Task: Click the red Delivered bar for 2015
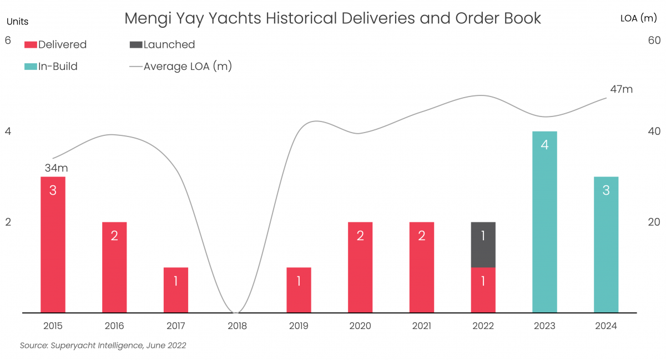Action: point(53,244)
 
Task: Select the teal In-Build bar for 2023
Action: point(544,222)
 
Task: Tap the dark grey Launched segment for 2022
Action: point(483,245)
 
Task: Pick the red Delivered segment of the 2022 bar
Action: point(483,290)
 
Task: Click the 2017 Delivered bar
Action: point(176,290)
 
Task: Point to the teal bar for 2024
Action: point(606,244)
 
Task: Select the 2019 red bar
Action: point(299,290)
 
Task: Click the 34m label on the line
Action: point(56,168)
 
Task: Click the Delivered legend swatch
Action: point(31,45)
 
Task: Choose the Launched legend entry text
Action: point(169,45)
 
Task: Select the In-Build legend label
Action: point(58,67)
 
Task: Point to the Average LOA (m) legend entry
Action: point(187,67)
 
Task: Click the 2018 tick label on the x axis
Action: point(237,326)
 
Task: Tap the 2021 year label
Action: point(421,326)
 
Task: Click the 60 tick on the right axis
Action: point(654,41)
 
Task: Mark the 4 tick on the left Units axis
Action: point(8,131)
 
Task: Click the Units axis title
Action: point(17,22)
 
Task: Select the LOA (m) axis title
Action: point(638,18)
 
